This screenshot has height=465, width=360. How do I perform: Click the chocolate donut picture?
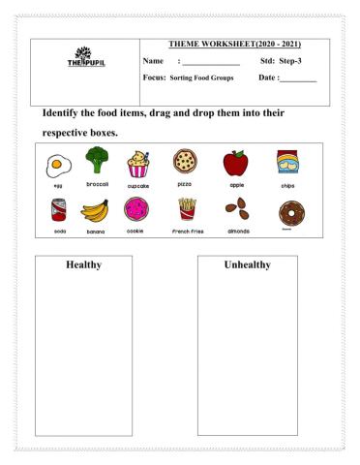click(x=286, y=211)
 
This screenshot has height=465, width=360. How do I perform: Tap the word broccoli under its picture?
click(x=95, y=183)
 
